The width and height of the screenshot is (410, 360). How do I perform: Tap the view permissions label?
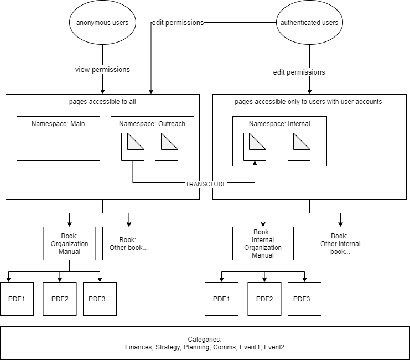coord(102,70)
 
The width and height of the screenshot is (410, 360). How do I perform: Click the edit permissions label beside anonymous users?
coord(178,23)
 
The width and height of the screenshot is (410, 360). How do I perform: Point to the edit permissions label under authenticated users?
coord(299,72)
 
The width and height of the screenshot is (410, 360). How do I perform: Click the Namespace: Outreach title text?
coord(152,124)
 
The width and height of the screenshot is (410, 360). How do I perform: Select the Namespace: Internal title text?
coord(279,124)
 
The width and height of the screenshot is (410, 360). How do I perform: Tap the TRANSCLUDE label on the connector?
coord(206,184)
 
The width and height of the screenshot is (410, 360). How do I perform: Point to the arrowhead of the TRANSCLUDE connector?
coord(255,163)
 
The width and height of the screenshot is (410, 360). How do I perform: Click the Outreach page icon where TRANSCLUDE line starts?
coord(133,147)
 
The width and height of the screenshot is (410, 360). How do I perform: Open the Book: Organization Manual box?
coord(70,243)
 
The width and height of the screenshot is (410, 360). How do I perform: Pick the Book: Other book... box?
coord(128,243)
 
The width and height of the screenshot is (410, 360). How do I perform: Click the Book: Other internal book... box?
coord(340,243)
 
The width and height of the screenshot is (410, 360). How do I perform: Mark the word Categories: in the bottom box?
coord(205,340)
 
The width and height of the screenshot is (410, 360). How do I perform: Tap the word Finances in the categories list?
coord(139,347)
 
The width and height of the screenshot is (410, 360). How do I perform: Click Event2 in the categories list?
coord(274,347)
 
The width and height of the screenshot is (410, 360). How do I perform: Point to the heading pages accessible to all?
coord(102,102)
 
